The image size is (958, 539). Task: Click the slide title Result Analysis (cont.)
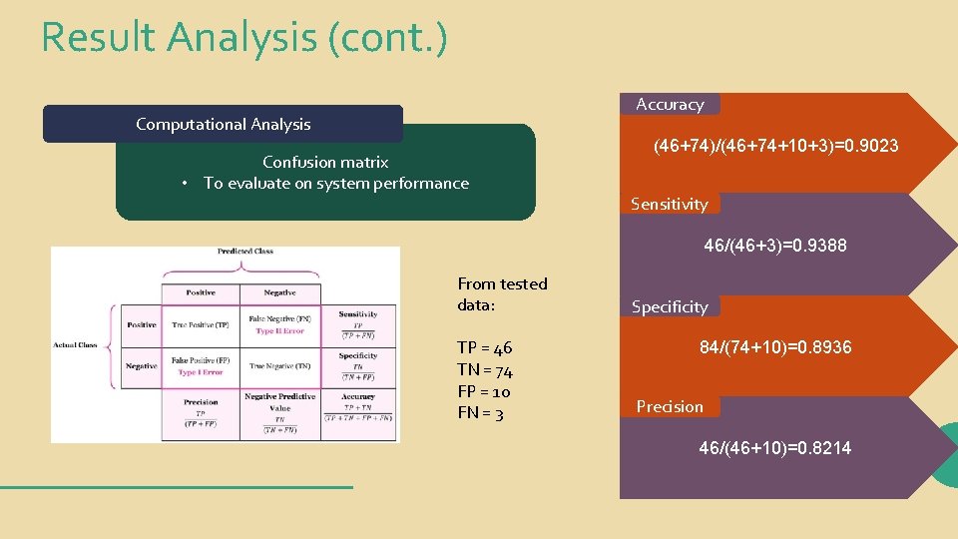pyautogui.click(x=244, y=38)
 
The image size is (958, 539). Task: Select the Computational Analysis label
pyautogui.click(x=223, y=125)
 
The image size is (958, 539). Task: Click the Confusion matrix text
pyautogui.click(x=325, y=162)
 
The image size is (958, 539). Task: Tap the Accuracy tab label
pyautogui.click(x=670, y=104)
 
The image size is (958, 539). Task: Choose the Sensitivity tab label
pyautogui.click(x=669, y=204)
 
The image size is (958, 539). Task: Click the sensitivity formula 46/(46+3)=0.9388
pyautogui.click(x=774, y=245)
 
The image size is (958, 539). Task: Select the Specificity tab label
pyautogui.click(x=670, y=306)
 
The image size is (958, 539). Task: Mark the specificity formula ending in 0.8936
pyautogui.click(x=774, y=347)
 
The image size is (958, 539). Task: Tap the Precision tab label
pyautogui.click(x=670, y=406)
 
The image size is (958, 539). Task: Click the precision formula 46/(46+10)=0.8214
pyautogui.click(x=774, y=448)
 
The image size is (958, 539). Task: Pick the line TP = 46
pyautogui.click(x=484, y=347)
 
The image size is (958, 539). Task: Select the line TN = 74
pyautogui.click(x=485, y=370)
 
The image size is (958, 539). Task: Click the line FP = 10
pyautogui.click(x=484, y=391)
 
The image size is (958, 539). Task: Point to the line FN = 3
pyautogui.click(x=480, y=413)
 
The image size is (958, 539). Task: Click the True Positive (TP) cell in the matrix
pyautogui.click(x=201, y=325)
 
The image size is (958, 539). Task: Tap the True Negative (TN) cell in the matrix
pyautogui.click(x=280, y=366)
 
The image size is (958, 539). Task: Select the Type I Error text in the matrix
pyautogui.click(x=201, y=372)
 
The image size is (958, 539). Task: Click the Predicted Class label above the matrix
pyautogui.click(x=245, y=252)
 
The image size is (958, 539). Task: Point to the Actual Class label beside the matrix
pyautogui.click(x=76, y=345)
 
